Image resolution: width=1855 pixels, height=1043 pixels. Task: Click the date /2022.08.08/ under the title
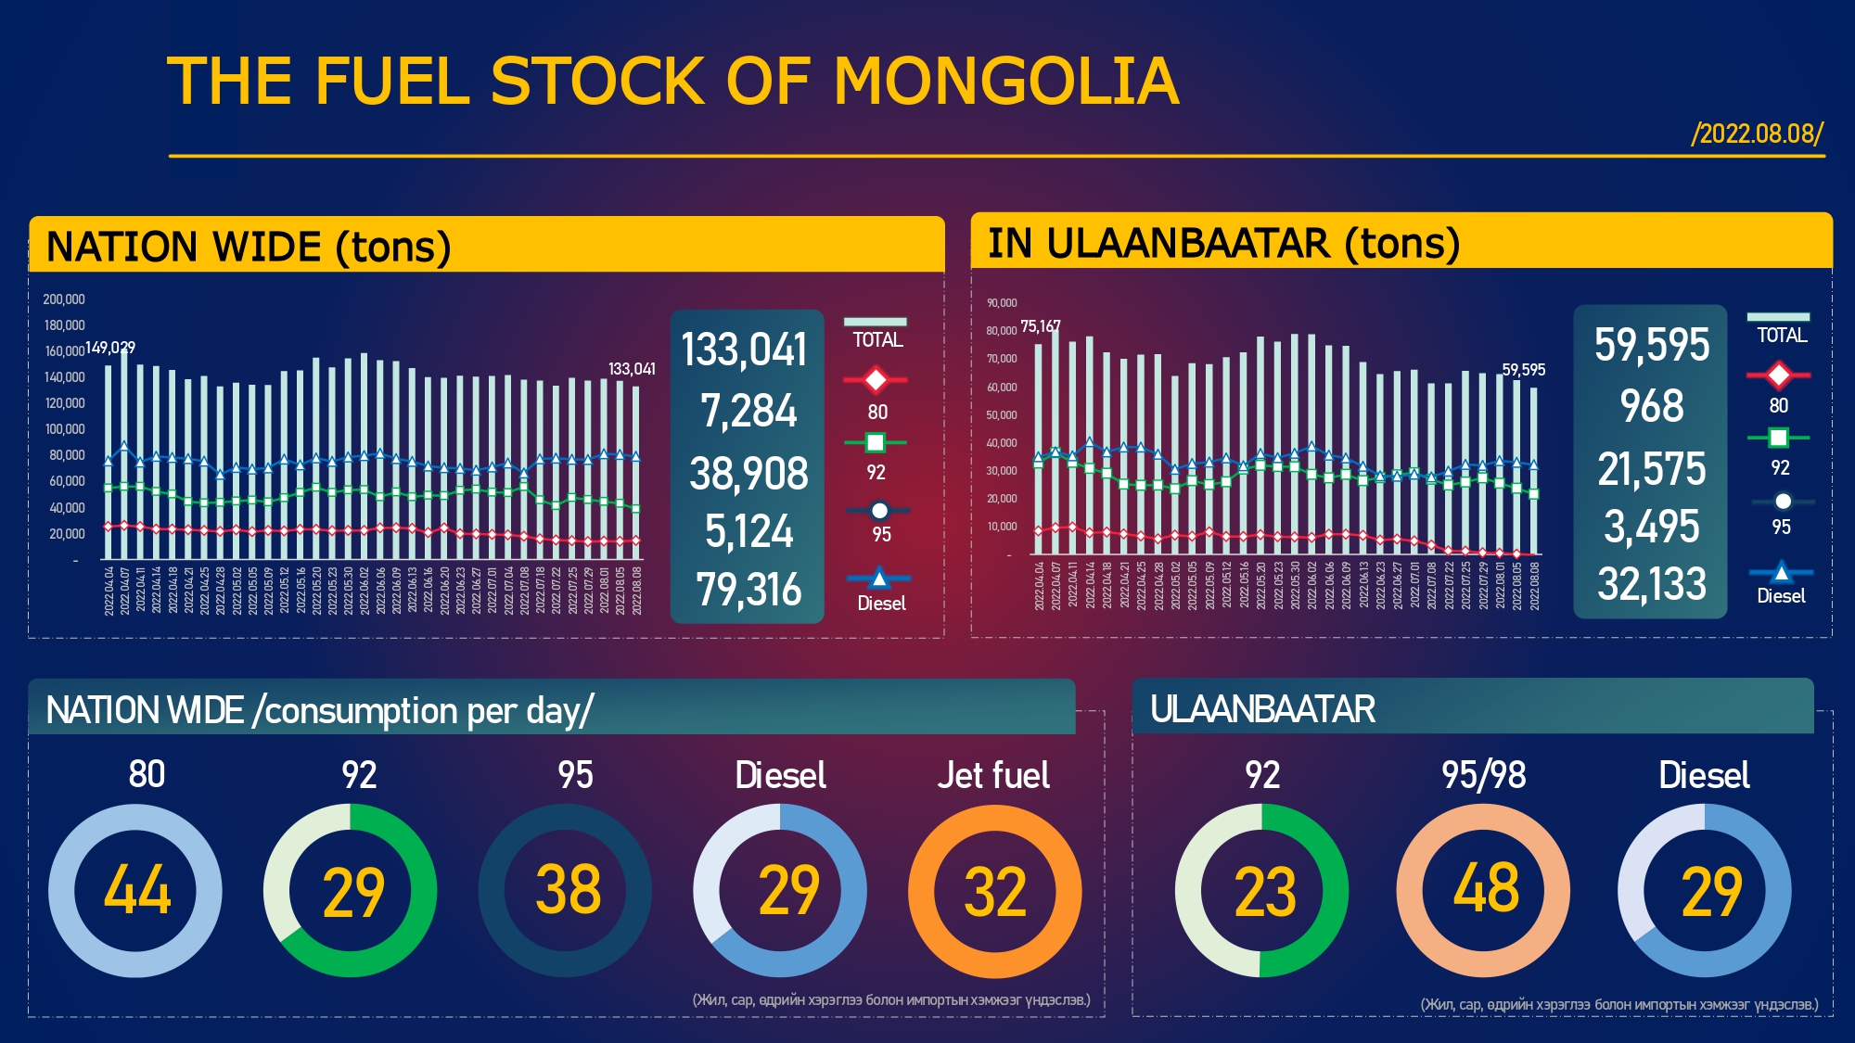coord(1757,134)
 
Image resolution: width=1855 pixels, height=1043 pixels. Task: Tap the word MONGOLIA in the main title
coord(1006,82)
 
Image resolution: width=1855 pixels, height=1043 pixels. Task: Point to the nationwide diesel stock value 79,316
coord(748,590)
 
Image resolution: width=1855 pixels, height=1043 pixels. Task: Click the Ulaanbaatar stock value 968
coord(1651,406)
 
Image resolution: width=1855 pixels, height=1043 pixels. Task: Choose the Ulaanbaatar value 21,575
coord(1651,469)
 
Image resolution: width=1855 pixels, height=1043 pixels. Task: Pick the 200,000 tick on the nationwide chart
coord(64,299)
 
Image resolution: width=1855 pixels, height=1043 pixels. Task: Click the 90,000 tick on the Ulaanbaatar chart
coord(1002,303)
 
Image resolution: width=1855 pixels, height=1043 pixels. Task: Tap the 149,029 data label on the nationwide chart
coord(110,348)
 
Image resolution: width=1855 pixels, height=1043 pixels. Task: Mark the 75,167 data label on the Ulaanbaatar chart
coord(1040,326)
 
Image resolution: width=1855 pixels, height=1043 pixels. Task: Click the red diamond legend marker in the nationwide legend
coord(875,379)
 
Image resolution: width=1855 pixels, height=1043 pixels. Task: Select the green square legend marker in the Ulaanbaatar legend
coord(1778,438)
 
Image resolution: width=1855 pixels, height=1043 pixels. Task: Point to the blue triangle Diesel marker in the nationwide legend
coord(878,579)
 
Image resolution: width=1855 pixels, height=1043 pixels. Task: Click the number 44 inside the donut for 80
coord(137,890)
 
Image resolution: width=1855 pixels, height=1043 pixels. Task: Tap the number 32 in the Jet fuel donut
coord(995,893)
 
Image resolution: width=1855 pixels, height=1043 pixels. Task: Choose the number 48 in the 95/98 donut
coord(1486,888)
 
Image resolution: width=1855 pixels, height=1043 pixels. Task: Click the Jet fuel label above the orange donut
coord(993,775)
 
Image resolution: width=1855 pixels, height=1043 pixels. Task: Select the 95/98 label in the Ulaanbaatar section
coord(1483,775)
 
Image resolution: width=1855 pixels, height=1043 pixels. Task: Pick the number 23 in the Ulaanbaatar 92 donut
coord(1264,893)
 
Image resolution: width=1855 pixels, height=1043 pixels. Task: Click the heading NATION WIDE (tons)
coord(249,248)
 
